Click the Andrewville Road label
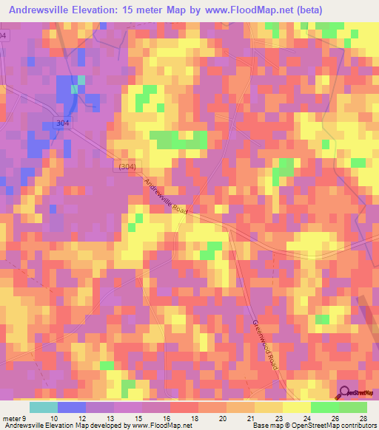[167, 197]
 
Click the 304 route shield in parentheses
[126, 167]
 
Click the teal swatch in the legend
[44, 407]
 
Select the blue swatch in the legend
[71, 407]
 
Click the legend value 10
[53, 417]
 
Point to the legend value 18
[193, 417]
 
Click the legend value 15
[137, 417]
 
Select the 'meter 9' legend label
[14, 417]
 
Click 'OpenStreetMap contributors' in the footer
[334, 426]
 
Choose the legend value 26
[334, 417]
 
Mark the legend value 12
[81, 417]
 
